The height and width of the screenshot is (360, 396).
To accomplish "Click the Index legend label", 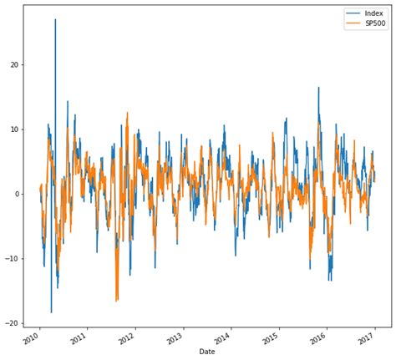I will coord(374,13).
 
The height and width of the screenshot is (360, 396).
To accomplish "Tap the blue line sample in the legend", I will coord(353,13).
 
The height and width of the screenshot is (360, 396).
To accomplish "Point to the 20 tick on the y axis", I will coord(14,65).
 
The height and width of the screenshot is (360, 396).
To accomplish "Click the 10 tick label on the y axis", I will coord(14,129).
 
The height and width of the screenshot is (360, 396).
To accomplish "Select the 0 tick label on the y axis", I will coord(17,194).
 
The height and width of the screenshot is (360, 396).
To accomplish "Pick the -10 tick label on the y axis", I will coord(13,259).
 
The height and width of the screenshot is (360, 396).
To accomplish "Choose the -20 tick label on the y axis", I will coord(13,323).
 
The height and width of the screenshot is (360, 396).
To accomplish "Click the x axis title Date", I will coord(206,352).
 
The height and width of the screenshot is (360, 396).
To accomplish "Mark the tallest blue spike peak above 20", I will coord(56,19).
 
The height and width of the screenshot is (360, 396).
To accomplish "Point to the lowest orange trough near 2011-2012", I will coord(116,301).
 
